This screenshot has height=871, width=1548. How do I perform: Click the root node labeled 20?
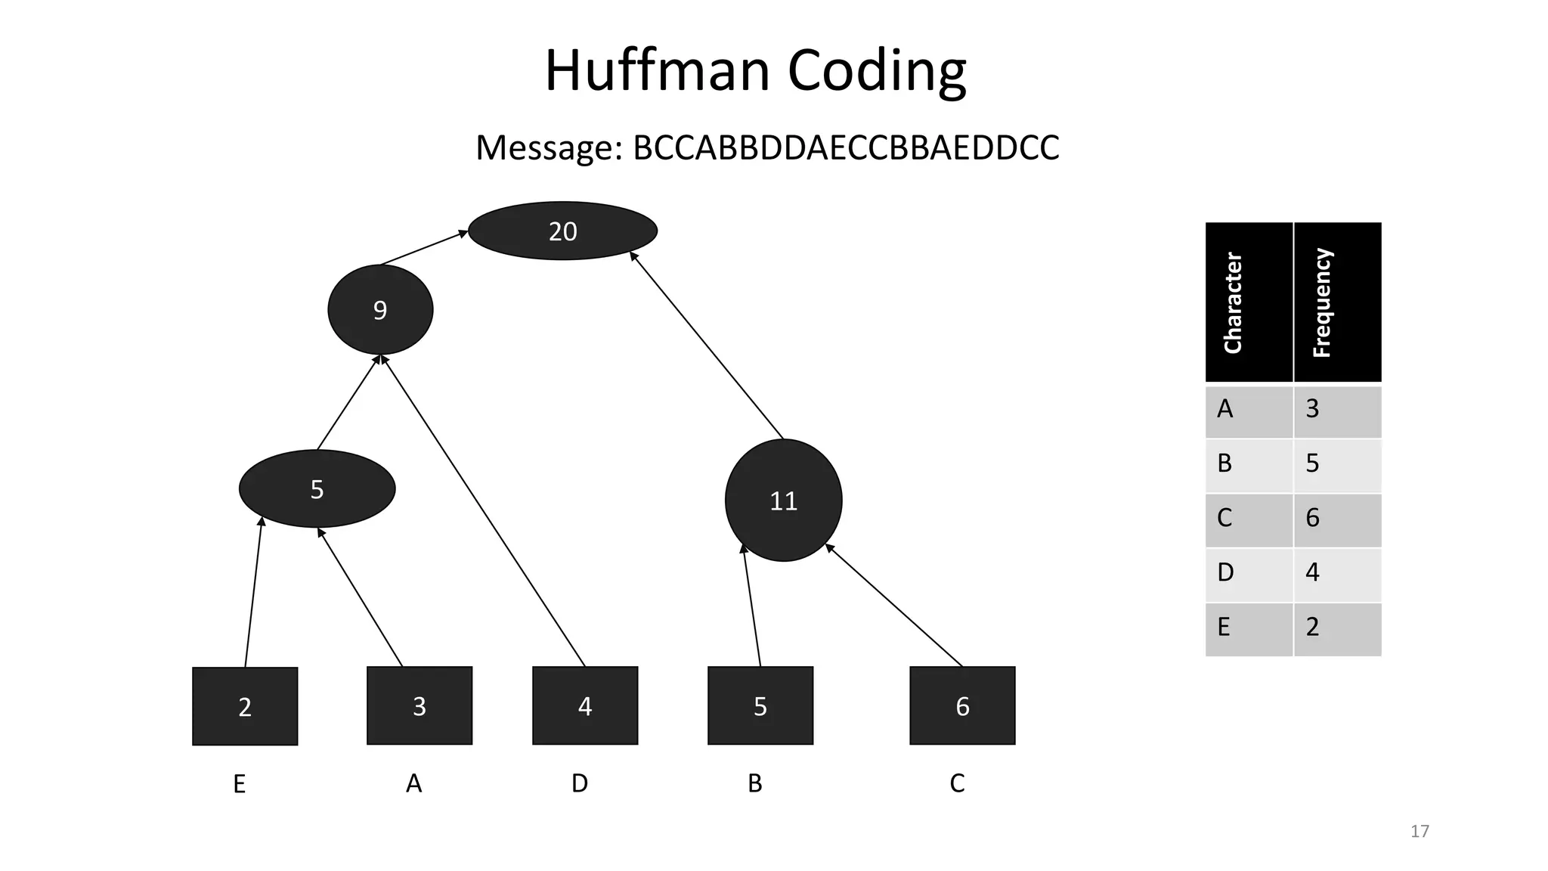[562, 231]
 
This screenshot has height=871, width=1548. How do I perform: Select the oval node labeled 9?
[380, 309]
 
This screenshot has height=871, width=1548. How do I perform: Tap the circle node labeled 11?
[783, 501]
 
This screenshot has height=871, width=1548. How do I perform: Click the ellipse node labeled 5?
[317, 489]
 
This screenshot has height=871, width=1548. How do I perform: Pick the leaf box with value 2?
[245, 706]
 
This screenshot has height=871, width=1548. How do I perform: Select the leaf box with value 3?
[420, 705]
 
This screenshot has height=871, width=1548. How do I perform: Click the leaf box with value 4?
[585, 705]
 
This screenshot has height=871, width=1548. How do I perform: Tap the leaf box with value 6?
[962, 705]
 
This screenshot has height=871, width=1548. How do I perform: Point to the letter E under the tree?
[239, 784]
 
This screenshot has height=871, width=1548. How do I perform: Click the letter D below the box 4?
[580, 783]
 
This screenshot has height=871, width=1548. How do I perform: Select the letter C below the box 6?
[957, 783]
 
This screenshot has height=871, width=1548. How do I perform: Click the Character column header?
[1248, 302]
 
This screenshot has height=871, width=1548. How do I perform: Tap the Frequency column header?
[1337, 302]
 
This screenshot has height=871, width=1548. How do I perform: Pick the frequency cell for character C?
[1337, 519]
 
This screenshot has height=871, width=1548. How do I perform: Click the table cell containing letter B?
[1248, 463]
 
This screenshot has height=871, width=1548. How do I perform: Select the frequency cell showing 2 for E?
[1337, 628]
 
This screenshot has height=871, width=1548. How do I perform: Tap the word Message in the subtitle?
[549, 147]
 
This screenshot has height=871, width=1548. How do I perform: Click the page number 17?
[1420, 832]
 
